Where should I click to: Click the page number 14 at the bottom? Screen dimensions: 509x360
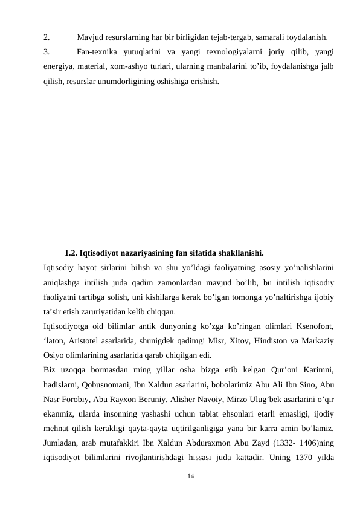click(190, 477)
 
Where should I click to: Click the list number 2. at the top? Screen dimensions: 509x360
click(47, 36)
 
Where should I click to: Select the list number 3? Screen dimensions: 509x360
click(47, 51)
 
